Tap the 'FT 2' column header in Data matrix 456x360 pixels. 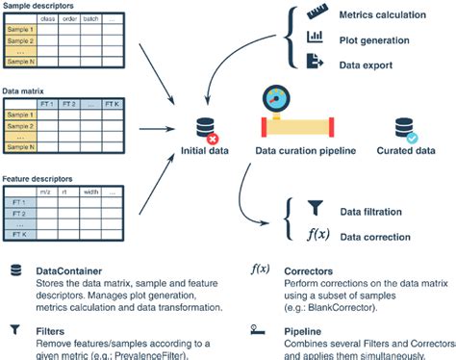[x=68, y=104]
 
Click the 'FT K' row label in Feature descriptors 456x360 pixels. [x=18, y=235]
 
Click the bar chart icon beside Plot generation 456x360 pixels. [x=315, y=38]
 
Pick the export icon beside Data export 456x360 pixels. [x=315, y=61]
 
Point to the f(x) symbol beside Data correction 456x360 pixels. [x=317, y=234]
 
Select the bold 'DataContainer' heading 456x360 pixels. [x=71, y=270]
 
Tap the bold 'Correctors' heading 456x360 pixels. [x=310, y=270]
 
